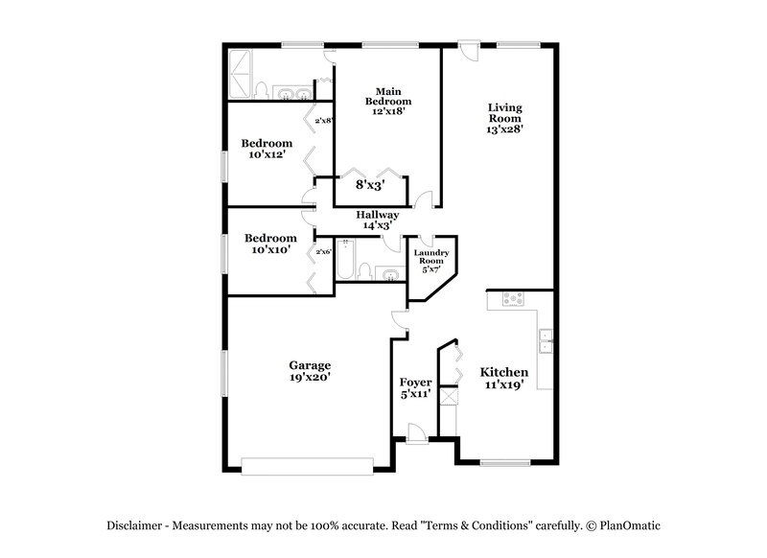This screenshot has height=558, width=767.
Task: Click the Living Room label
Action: click(x=504, y=118)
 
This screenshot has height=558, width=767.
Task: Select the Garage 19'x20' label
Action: click(x=310, y=371)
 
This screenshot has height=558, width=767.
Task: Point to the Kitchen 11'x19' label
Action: click(x=504, y=378)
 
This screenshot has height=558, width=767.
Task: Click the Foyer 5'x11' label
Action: click(x=415, y=387)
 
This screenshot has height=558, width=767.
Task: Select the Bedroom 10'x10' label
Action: click(x=269, y=244)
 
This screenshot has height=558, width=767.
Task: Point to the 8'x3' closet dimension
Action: click(x=370, y=184)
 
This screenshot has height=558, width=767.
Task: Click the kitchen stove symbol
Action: click(x=513, y=298)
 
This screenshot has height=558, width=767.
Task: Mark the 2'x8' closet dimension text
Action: click(x=324, y=120)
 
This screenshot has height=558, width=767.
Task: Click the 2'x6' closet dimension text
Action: click(x=323, y=251)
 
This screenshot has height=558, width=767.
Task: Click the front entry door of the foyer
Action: click(x=416, y=439)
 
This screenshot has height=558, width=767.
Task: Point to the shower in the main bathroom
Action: click(x=240, y=72)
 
